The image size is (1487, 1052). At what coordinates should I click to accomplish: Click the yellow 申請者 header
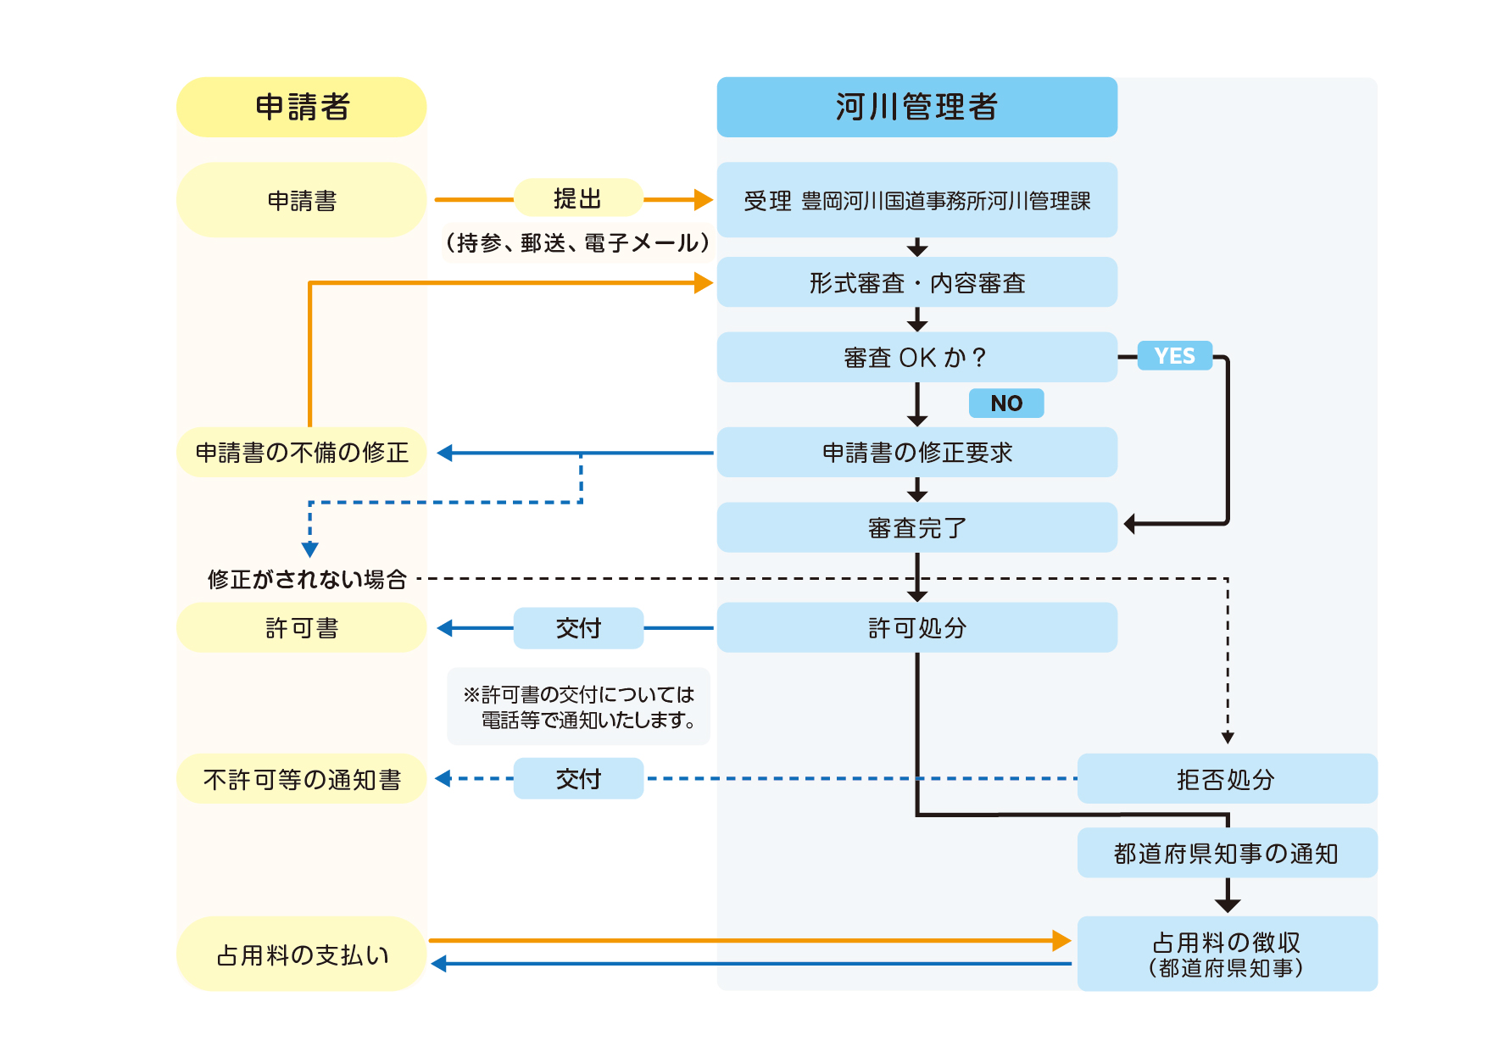click(301, 108)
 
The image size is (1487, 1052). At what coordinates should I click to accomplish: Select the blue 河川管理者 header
click(916, 108)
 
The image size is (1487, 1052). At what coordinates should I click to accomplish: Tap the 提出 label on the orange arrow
click(578, 198)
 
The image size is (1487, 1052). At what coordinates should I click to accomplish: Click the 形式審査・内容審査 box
click(916, 282)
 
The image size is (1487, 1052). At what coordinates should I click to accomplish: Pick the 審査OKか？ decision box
click(916, 357)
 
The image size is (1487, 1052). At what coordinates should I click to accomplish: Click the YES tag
click(1174, 356)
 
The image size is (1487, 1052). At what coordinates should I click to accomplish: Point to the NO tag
click(1006, 404)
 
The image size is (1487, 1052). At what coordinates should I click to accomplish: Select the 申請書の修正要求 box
click(916, 453)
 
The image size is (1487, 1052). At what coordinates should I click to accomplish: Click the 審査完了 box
click(916, 527)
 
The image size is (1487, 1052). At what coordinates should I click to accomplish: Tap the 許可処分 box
click(916, 627)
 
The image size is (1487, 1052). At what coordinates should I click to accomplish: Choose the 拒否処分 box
click(1227, 779)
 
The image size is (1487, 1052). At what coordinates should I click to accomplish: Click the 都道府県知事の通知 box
click(1227, 853)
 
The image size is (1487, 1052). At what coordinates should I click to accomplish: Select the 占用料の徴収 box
click(1227, 954)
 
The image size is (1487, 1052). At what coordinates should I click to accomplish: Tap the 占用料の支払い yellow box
click(301, 955)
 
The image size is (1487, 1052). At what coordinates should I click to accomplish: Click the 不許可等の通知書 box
click(301, 779)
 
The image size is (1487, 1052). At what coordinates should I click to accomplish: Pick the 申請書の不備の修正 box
click(301, 453)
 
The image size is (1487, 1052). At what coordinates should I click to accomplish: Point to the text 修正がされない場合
click(307, 579)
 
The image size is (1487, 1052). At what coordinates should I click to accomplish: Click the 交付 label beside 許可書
click(578, 628)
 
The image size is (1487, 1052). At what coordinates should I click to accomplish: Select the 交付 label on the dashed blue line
click(578, 779)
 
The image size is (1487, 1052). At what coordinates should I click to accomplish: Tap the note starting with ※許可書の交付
click(578, 707)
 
